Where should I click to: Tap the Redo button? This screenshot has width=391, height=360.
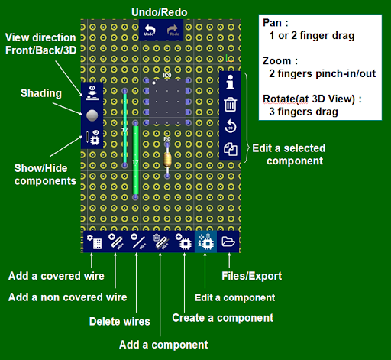click(x=173, y=31)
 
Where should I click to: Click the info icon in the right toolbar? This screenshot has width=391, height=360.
click(x=231, y=82)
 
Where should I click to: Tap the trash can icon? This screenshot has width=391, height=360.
click(x=231, y=104)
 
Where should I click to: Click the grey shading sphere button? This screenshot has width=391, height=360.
click(x=92, y=115)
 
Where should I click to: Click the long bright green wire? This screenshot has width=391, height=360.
click(x=135, y=160)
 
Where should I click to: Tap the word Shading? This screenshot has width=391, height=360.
click(x=40, y=93)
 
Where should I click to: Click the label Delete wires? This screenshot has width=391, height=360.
click(x=119, y=320)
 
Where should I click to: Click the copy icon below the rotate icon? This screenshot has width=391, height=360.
click(x=231, y=149)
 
